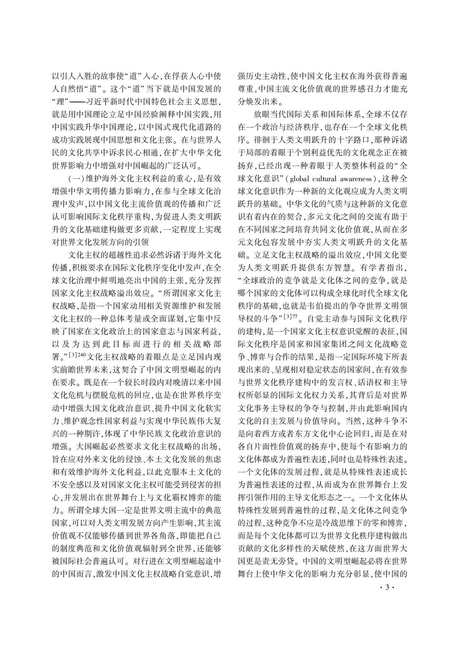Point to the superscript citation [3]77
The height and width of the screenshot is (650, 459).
290,317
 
